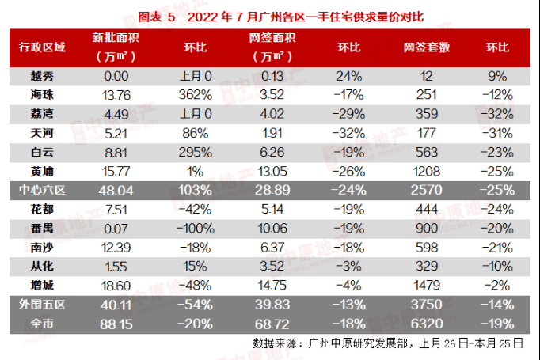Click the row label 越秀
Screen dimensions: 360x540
pos(42,77)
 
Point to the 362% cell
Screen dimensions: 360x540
pos(196,94)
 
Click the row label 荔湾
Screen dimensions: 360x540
pos(42,112)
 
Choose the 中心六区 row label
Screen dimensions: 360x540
pos(42,191)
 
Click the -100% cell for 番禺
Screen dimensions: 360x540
pos(196,229)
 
